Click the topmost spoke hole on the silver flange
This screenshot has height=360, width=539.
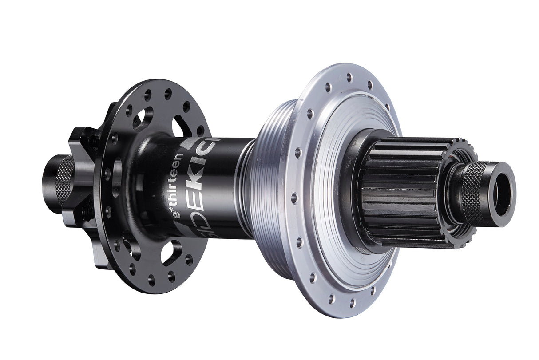pyautogui.click(x=349, y=78)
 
